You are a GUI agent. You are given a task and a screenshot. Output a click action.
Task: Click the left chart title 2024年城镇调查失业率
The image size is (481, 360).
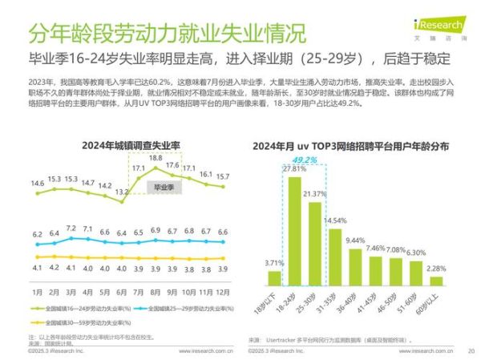pyautogui.click(x=131, y=145)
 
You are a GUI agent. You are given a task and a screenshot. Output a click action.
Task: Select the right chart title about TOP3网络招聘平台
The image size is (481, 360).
pyautogui.click(x=350, y=147)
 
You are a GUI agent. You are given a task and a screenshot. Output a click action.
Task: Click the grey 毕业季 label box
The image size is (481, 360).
pyautogui.click(x=164, y=187)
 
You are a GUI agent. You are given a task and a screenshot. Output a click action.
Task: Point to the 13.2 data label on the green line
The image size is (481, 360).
pyautogui.click(x=122, y=192)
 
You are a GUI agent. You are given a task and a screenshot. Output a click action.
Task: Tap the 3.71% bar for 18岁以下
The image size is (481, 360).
pyautogui.click(x=273, y=278)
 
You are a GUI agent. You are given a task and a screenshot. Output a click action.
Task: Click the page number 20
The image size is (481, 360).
pyautogui.click(x=471, y=351)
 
